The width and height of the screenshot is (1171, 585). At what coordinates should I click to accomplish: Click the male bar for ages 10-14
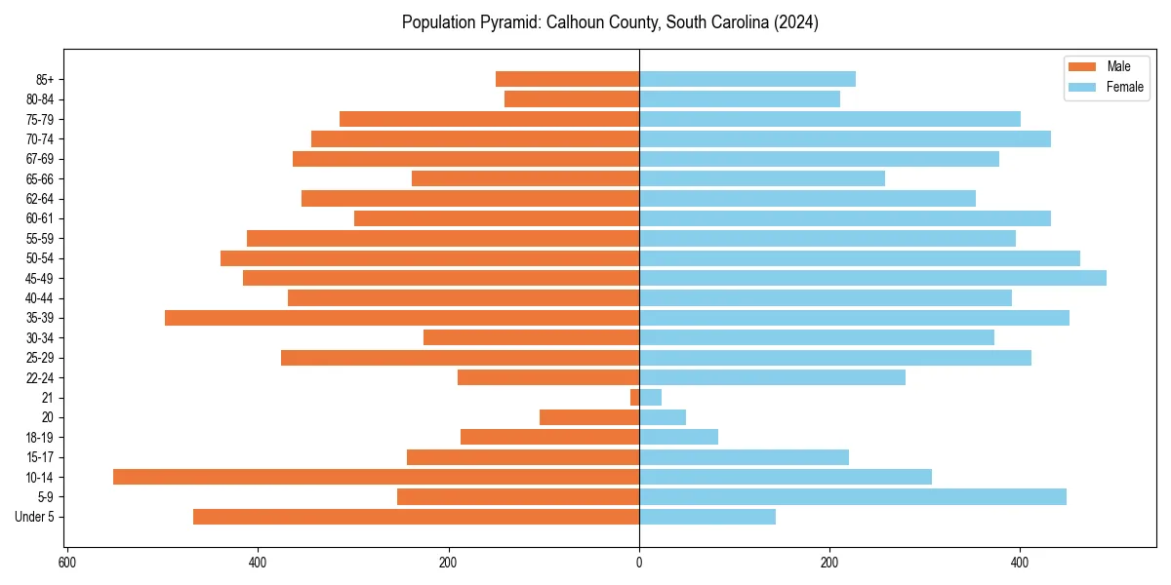coord(376,477)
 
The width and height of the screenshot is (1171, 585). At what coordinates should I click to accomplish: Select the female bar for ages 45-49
coord(872,278)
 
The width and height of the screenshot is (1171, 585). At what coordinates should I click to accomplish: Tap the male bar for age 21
coord(634,398)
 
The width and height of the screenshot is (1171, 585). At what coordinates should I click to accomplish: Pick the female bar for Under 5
coord(707,517)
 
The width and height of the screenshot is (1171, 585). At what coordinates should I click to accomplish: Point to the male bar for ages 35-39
coord(402,318)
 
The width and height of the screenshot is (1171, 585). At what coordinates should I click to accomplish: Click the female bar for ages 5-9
coord(853,497)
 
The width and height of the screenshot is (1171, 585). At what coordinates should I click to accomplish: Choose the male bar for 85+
coord(567,79)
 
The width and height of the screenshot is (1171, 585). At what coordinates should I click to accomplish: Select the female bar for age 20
coord(663,417)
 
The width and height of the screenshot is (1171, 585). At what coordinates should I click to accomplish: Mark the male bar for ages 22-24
coord(548,377)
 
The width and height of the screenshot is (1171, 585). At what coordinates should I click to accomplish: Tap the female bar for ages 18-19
coord(678,437)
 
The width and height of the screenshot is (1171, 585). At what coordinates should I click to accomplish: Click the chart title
coord(610,22)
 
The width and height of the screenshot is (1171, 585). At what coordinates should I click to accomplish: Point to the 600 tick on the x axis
coord(67,563)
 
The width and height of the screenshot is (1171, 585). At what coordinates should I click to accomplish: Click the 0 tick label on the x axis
coord(639,563)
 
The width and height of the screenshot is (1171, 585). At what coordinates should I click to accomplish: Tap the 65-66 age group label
coord(40,178)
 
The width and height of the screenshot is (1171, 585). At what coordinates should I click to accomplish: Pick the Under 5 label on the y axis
coord(35,517)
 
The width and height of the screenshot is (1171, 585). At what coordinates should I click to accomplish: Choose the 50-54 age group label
coord(40,258)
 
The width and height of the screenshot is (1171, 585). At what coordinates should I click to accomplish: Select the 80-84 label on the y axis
coord(40,99)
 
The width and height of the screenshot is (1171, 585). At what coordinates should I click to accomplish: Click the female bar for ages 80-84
coord(740,99)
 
